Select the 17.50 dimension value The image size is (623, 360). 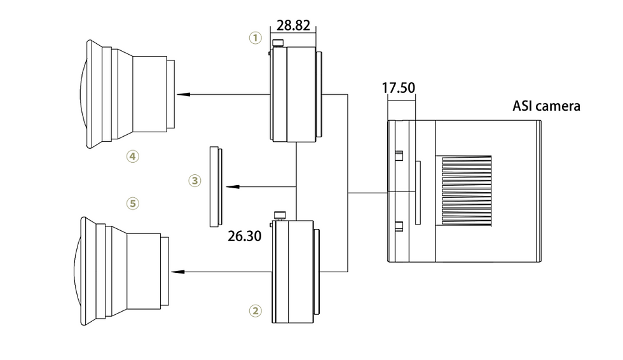tap(398, 88)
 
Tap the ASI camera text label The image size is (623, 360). tap(546, 106)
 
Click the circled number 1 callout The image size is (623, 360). tap(255, 38)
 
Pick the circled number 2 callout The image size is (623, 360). tap(255, 311)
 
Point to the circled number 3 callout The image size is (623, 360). tap(195, 181)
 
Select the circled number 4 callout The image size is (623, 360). tap(132, 155)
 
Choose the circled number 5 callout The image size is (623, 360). tap(132, 203)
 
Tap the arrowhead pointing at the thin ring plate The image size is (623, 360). tap(233, 187)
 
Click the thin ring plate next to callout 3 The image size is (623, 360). tap(214, 186)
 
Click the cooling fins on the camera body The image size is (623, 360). tap(463, 190)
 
